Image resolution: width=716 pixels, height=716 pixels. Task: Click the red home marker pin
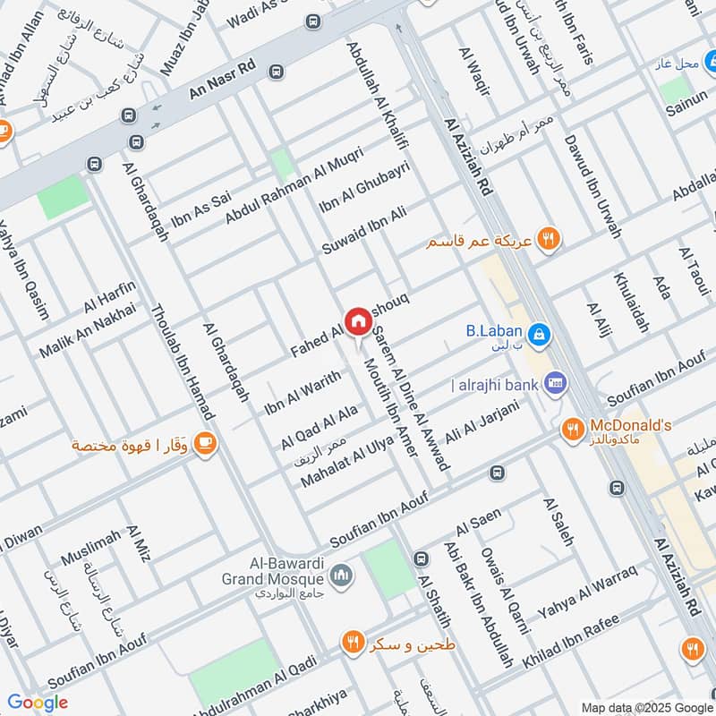(x=358, y=320)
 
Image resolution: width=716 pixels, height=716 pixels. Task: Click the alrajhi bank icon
(x=554, y=383)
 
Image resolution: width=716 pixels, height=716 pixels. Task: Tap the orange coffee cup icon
(x=205, y=442)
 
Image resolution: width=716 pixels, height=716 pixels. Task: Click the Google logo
(x=38, y=702)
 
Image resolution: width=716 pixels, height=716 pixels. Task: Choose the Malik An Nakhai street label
(x=87, y=331)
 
